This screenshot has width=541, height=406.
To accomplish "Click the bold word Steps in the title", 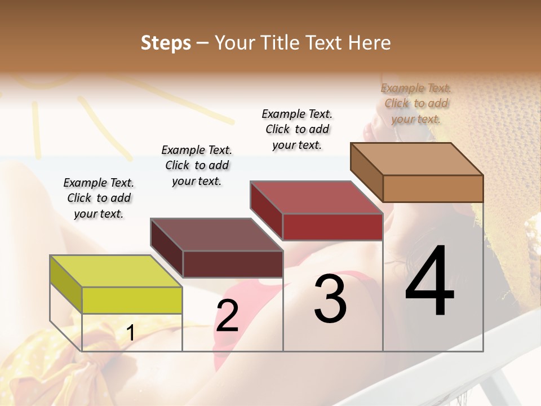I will (x=166, y=43).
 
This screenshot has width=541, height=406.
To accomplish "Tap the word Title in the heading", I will (x=282, y=43).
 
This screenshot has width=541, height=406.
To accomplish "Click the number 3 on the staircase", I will (x=330, y=299).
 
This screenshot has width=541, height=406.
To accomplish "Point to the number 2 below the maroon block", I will (x=227, y=316).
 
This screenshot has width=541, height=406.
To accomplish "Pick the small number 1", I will (x=130, y=333).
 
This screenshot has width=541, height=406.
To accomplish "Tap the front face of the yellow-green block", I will (x=132, y=300).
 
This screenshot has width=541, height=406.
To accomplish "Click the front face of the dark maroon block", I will (x=233, y=264).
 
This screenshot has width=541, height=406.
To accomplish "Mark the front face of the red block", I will (x=332, y=227).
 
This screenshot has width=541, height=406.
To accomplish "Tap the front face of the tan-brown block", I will (x=433, y=188).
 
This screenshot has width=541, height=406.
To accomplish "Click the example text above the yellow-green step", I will (x=99, y=198).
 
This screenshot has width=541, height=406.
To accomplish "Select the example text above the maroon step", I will (x=197, y=165).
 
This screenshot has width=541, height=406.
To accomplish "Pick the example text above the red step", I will (x=297, y=129).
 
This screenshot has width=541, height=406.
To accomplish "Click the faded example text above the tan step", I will (x=416, y=103).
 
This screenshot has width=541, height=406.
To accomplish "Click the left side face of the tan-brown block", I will (x=367, y=172).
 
